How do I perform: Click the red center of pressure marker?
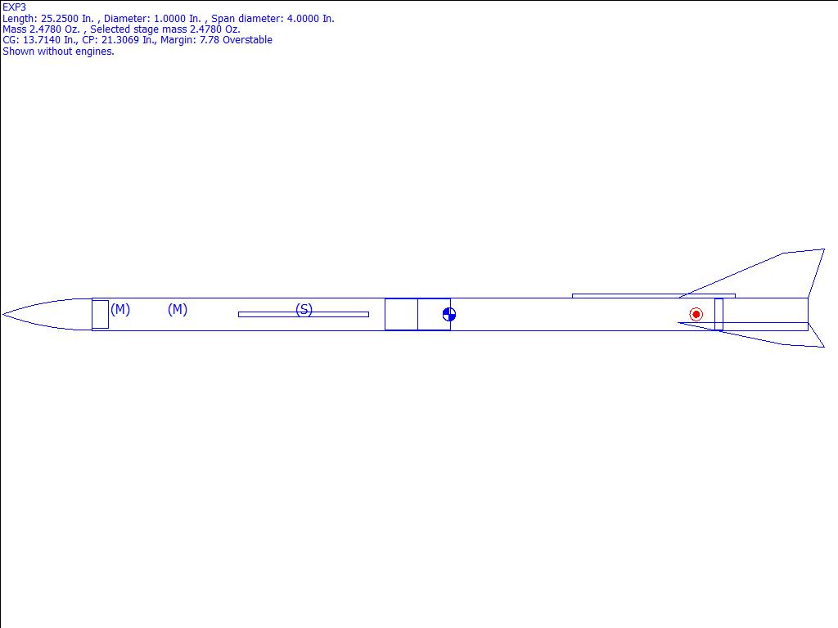click(x=696, y=315)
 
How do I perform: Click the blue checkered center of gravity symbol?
click(x=449, y=315)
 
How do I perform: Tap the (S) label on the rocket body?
click(x=304, y=310)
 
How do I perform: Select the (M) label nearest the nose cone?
click(x=120, y=309)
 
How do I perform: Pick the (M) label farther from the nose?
click(x=178, y=309)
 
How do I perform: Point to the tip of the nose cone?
click(x=2, y=315)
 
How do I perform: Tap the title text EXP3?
click(x=15, y=7)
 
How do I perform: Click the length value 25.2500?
click(x=59, y=19)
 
